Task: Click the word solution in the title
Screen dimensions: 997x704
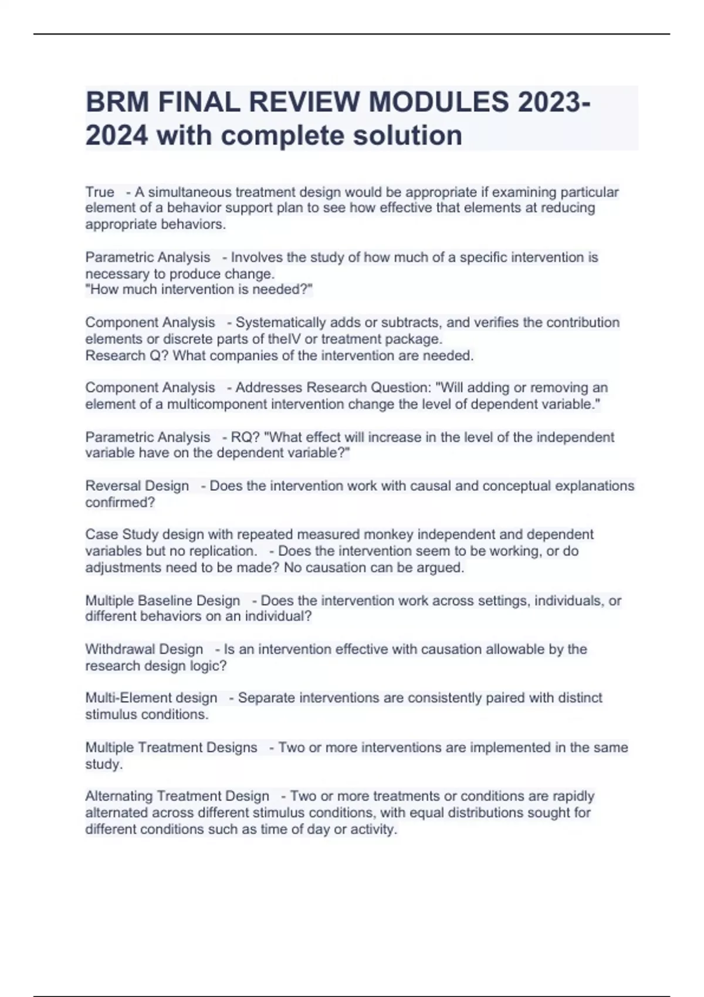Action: coord(407,135)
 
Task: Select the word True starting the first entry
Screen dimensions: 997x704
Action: coord(100,192)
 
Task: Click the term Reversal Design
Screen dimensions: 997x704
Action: coord(137,486)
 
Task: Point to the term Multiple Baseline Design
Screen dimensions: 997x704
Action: coord(163,601)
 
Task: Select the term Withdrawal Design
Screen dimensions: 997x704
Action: coord(144,649)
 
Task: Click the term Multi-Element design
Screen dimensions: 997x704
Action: coord(151,698)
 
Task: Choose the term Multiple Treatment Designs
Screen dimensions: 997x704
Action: coord(171,747)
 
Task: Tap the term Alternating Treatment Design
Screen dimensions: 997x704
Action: coord(177,796)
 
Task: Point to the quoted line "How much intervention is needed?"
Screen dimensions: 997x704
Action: coord(199,290)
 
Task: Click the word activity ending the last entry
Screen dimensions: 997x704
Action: coord(374,829)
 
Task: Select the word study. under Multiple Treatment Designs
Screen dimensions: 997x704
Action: coord(104,764)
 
